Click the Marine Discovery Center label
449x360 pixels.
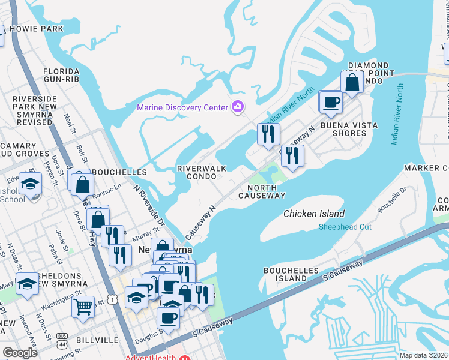(182, 108)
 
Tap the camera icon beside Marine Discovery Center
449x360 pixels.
(238, 107)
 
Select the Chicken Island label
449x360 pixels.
(314, 214)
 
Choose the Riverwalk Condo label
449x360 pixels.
(202, 173)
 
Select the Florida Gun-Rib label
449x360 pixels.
(61, 75)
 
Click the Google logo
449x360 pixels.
(20, 352)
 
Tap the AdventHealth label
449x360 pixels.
(150, 358)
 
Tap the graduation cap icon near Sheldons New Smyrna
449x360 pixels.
(27, 284)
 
